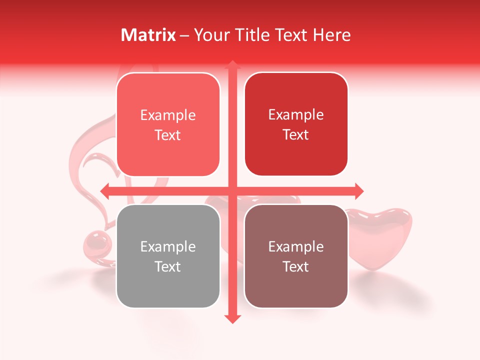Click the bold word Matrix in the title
pyautogui.click(x=148, y=35)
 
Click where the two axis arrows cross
pyautogui.click(x=232, y=190)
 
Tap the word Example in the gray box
pyautogui.click(x=168, y=246)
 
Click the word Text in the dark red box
pyautogui.click(x=296, y=135)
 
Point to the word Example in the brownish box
pyautogui.click(x=296, y=246)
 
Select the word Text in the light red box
pyautogui.click(x=168, y=135)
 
